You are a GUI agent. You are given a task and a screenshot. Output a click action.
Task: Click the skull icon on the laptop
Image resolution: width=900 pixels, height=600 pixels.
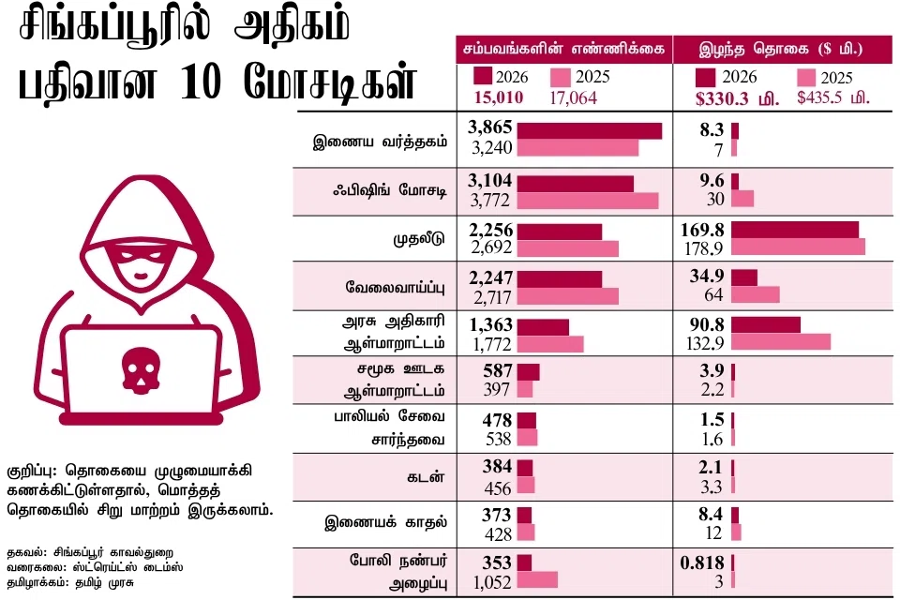(x=140, y=369)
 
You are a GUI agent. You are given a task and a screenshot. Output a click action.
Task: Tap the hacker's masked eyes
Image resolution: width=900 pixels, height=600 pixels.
(x=141, y=254)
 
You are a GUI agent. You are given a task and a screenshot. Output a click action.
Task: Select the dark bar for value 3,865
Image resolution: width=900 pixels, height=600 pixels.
(x=590, y=130)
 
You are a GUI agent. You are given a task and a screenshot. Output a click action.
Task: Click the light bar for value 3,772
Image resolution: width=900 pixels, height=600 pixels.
(x=588, y=201)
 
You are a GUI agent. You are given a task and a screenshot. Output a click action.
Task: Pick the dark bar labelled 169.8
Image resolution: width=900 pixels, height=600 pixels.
(x=795, y=230)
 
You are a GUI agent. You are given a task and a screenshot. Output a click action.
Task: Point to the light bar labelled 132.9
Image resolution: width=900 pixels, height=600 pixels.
(x=781, y=342)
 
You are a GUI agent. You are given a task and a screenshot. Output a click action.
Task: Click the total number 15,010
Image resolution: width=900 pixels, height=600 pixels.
(x=499, y=97)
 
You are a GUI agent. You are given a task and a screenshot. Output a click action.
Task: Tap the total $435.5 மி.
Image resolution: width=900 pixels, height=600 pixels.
(x=833, y=97)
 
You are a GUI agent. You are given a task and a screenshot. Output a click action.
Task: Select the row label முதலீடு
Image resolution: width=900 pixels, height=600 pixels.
(x=419, y=238)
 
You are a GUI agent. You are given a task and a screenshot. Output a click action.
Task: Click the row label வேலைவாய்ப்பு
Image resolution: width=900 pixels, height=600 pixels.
(x=395, y=287)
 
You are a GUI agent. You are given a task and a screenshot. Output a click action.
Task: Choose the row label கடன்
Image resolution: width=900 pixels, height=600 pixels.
(x=426, y=477)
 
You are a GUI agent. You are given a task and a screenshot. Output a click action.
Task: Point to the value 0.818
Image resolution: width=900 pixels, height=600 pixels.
(x=702, y=562)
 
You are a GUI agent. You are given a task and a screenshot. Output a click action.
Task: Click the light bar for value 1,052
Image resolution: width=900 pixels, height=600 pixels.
(x=537, y=579)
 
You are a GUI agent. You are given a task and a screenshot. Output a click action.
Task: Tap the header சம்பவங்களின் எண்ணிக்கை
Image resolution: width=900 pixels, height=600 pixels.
(x=564, y=50)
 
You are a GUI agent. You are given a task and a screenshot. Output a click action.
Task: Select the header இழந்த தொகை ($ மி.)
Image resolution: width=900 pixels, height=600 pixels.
(x=781, y=50)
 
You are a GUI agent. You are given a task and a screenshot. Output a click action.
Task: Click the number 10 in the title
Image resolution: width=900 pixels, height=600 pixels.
(x=201, y=82)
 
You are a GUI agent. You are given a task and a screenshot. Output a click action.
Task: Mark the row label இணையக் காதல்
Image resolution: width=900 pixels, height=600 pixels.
(x=385, y=522)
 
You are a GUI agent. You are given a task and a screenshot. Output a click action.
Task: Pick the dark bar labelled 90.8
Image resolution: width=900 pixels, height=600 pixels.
(x=766, y=324)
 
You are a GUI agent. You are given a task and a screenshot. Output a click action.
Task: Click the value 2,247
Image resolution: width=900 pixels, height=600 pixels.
(x=490, y=277)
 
